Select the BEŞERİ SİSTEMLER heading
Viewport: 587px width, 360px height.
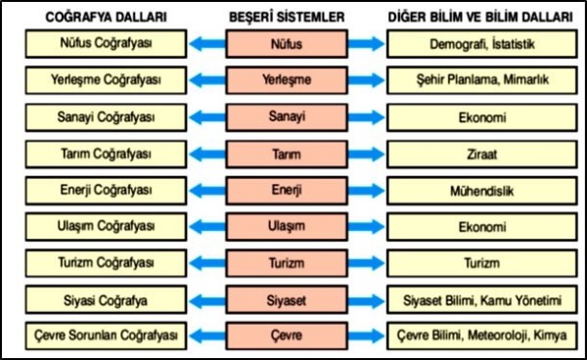point(287,18)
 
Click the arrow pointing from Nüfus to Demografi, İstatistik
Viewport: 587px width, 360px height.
point(366,44)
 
